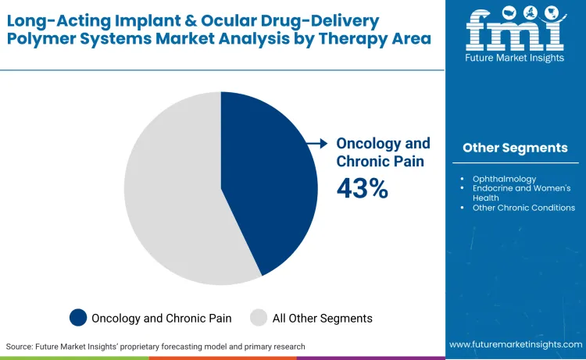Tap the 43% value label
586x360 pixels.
(x=362, y=188)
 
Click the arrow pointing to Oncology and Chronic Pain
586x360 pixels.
(x=316, y=144)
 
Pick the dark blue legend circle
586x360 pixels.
(x=78, y=317)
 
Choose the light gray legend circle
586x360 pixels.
(x=258, y=317)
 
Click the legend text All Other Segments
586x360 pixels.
(x=322, y=318)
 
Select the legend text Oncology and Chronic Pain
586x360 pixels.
(x=159, y=318)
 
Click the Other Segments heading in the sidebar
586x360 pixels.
(x=515, y=148)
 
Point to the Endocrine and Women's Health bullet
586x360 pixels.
(x=521, y=193)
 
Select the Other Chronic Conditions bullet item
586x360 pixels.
(x=523, y=208)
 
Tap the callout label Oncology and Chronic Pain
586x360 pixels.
(x=383, y=152)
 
